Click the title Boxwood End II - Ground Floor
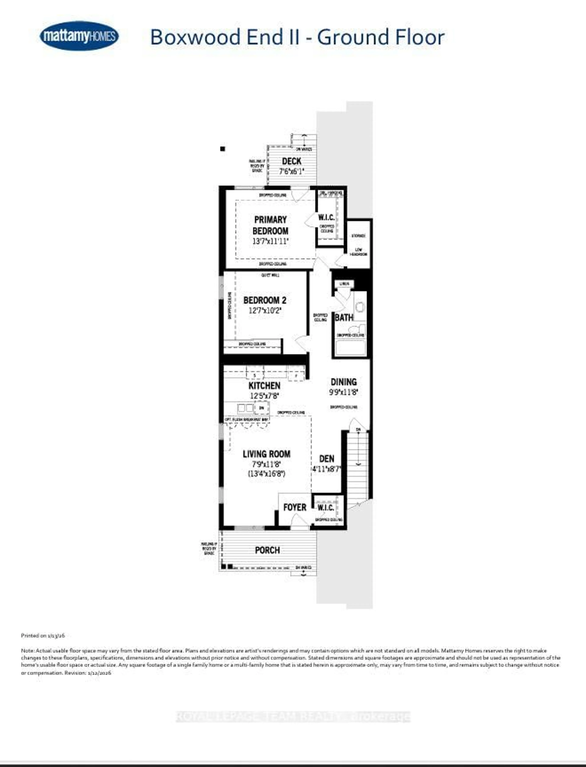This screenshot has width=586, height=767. (x=297, y=37)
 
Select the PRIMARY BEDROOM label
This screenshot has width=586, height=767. (x=270, y=225)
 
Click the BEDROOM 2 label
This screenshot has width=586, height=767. (x=265, y=300)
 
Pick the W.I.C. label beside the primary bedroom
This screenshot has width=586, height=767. (x=326, y=217)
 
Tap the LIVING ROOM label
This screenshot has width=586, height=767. (x=266, y=454)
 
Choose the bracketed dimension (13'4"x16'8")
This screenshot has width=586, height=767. (x=266, y=474)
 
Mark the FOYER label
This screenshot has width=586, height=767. (x=295, y=507)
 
